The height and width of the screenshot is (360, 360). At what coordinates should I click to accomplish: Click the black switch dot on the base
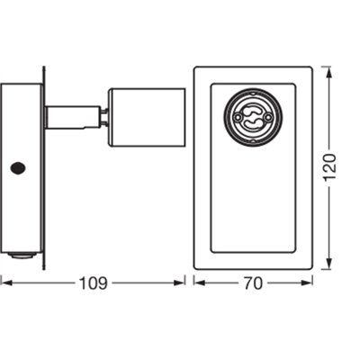(16, 167)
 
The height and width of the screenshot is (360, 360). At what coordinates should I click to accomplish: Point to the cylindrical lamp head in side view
(147, 116)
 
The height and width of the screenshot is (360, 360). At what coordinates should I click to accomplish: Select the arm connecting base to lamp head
(72, 116)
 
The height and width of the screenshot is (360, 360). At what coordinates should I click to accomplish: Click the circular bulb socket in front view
(253, 114)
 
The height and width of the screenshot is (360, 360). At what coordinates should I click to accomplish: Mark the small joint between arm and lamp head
(103, 116)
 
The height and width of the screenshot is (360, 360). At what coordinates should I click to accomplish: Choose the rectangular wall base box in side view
(22, 166)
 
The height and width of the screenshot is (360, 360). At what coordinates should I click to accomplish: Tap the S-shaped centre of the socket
(253, 114)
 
